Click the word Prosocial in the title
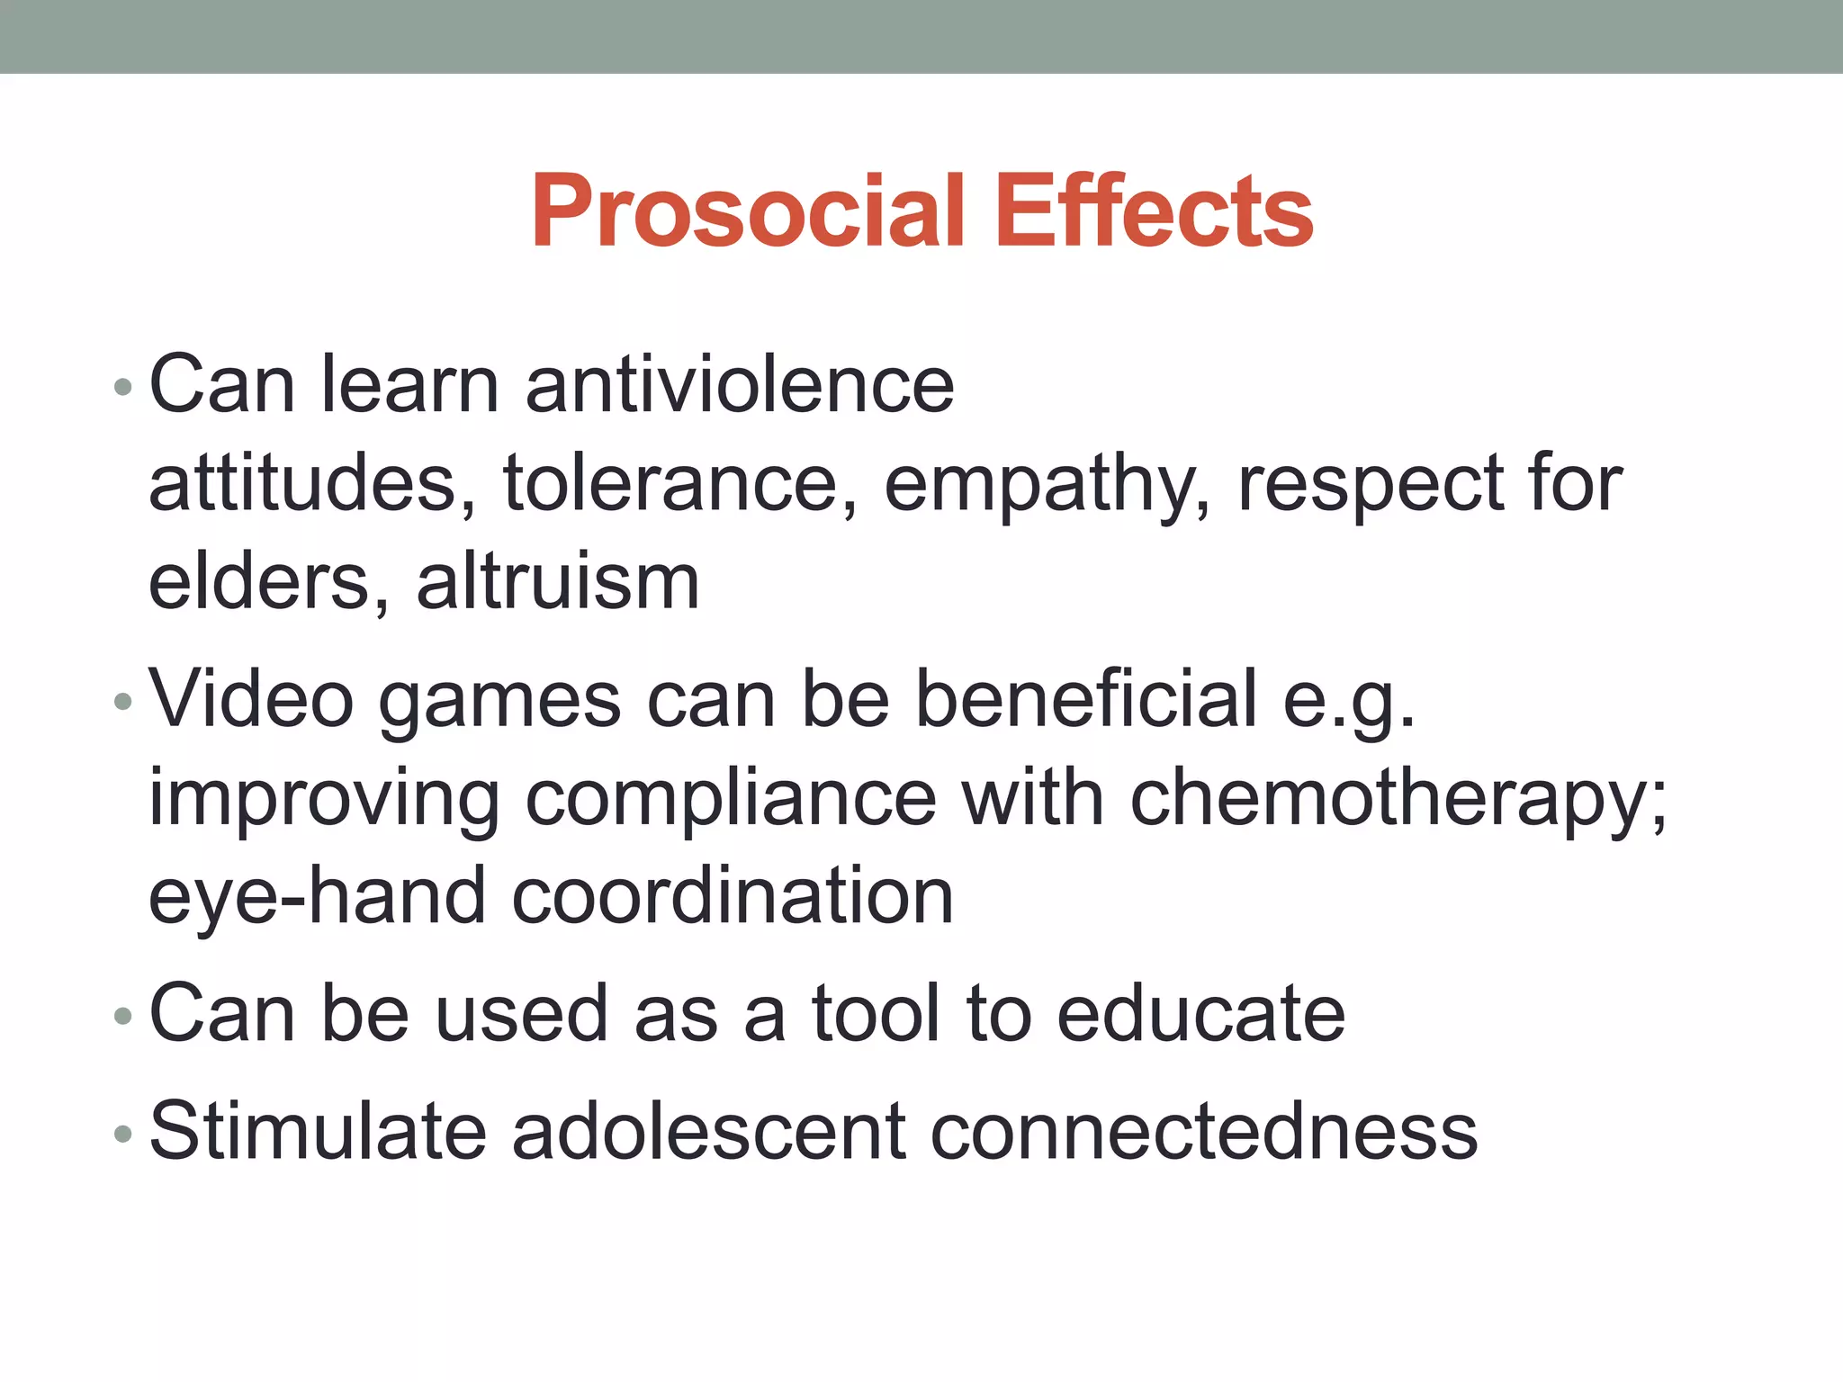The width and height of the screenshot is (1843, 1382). click(x=748, y=211)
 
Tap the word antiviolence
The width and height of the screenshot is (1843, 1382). click(x=740, y=385)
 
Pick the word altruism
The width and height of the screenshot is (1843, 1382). click(x=558, y=582)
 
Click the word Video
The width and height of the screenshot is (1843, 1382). click(x=251, y=699)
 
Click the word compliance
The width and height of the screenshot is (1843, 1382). click(x=731, y=799)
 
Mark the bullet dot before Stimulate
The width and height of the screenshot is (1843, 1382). click(x=123, y=1134)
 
